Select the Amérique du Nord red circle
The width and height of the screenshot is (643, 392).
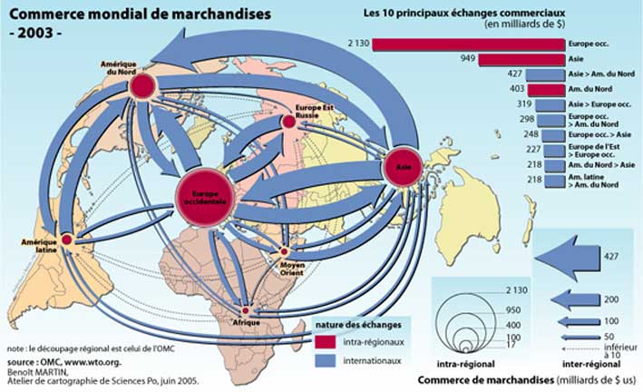[141, 87]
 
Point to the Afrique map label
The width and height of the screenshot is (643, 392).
[247, 323]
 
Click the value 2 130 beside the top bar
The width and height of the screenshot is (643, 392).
[356, 43]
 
